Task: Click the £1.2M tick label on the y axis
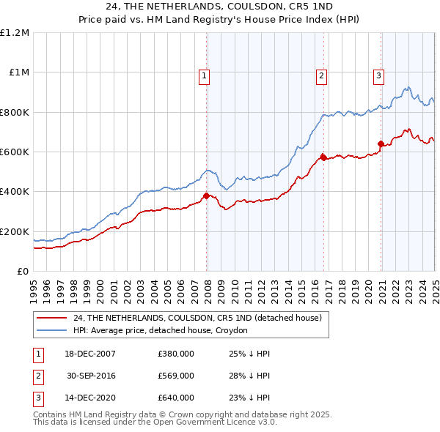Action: click(x=15, y=33)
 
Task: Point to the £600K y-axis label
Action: click(x=15, y=152)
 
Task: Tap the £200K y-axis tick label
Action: click(x=15, y=231)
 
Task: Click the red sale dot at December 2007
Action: click(x=207, y=195)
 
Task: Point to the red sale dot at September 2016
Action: click(x=323, y=157)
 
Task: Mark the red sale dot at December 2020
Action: click(x=381, y=144)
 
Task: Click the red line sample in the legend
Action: click(x=51, y=318)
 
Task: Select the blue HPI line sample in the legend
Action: click(x=51, y=330)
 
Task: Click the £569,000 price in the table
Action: click(x=176, y=376)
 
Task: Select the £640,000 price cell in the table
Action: click(x=176, y=398)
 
